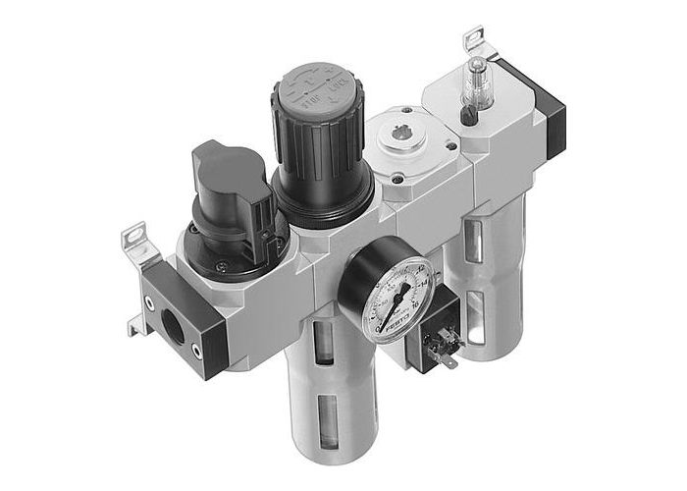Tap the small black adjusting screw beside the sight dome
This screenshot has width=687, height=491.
469,118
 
